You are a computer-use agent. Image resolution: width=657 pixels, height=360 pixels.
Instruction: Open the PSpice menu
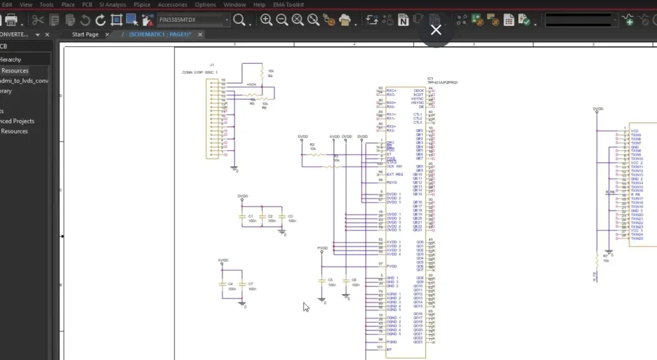coord(142,4)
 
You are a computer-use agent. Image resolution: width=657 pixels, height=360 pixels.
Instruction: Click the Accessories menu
coord(173,4)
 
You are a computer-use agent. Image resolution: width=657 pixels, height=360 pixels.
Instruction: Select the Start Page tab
coord(85,34)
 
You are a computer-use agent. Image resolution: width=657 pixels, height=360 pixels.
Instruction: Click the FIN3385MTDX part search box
coord(192,20)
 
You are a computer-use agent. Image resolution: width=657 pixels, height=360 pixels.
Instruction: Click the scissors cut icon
coord(38,20)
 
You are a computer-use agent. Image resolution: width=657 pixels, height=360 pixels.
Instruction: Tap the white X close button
coord(436,30)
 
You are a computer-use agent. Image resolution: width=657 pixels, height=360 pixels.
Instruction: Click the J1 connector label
coord(212,67)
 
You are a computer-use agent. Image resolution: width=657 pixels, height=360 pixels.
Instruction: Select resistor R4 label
coord(270,76)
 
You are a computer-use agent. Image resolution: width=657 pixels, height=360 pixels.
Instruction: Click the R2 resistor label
coord(312,145)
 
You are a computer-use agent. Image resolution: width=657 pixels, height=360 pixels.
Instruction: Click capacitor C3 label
coord(291,216)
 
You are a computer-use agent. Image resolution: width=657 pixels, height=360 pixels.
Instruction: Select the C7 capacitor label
coord(251,283)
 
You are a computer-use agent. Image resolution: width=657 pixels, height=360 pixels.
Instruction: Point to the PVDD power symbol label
coord(322,248)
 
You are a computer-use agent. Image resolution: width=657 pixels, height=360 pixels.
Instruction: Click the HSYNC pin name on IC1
coord(417,103)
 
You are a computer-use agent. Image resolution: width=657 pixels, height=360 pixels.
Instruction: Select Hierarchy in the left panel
coord(11,60)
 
